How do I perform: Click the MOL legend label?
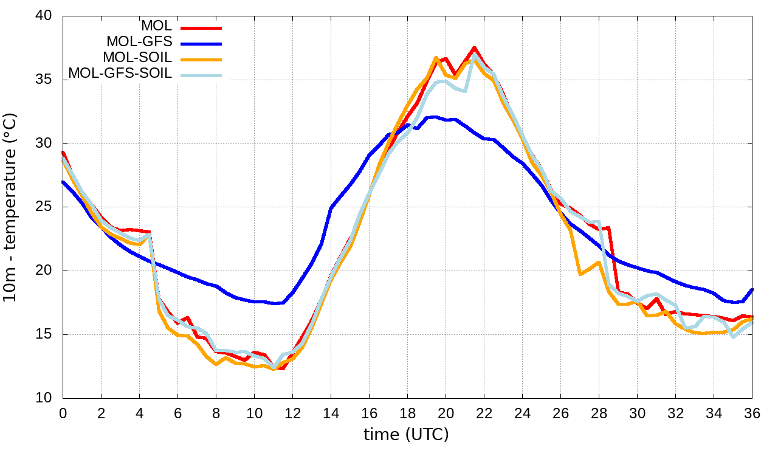pyautogui.click(x=156, y=26)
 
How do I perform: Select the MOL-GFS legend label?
pyautogui.click(x=139, y=42)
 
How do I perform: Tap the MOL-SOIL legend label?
pyautogui.click(x=137, y=58)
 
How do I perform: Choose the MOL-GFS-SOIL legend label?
pyautogui.click(x=120, y=74)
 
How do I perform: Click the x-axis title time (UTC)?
pyautogui.click(x=406, y=435)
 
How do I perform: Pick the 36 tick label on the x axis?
pyautogui.click(x=752, y=413)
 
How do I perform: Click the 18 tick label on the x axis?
pyautogui.click(x=407, y=413)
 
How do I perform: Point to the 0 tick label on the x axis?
pyautogui.click(x=63, y=413)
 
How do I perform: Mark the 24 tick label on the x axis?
pyautogui.click(x=522, y=413)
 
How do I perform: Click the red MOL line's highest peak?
pyautogui.click(x=474, y=48)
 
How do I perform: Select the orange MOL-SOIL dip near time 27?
pyautogui.click(x=580, y=274)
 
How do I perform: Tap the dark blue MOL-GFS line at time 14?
pyautogui.click(x=331, y=208)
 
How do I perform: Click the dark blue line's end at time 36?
pyautogui.click(x=752, y=289)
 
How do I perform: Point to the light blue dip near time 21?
pyautogui.click(x=464, y=91)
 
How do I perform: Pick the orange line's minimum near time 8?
pyautogui.click(x=216, y=364)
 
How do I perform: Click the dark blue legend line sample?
pyautogui.click(x=200, y=43)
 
